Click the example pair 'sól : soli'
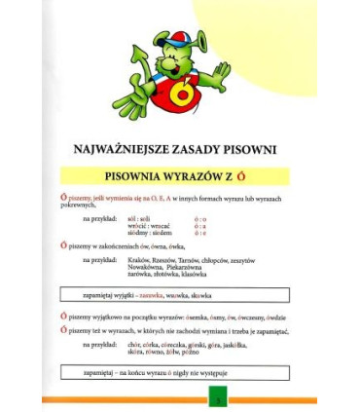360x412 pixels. point(136,219)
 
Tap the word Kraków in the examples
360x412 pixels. point(137,261)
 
